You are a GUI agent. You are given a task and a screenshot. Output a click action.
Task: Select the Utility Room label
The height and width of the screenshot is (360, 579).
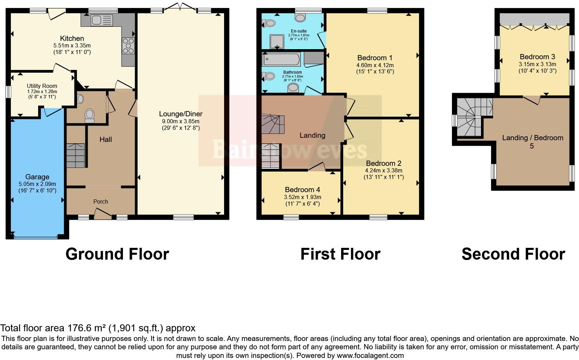tap(42, 86)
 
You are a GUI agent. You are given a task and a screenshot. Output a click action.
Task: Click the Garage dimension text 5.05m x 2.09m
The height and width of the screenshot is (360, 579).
tap(37, 184)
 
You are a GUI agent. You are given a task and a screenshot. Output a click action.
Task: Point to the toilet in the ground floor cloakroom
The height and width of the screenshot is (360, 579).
tap(89, 116)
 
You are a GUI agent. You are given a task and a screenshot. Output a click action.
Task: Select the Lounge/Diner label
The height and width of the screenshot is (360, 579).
tap(180, 114)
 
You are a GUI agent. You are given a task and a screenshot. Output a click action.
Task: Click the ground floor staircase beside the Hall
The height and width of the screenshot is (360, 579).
tap(75, 155)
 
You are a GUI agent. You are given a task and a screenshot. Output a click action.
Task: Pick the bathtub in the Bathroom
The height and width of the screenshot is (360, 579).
tap(282, 60)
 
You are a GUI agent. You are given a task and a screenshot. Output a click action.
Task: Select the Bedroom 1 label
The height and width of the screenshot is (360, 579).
tap(375, 58)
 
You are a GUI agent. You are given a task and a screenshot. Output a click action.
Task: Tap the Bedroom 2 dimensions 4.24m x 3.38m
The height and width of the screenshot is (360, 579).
tap(383, 170)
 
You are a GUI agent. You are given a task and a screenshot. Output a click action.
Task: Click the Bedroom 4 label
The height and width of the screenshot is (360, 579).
tap(302, 190)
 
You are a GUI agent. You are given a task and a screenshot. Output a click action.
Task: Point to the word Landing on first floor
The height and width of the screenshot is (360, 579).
tap(312, 135)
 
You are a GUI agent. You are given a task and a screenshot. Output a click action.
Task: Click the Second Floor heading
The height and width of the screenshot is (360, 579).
tap(513, 254)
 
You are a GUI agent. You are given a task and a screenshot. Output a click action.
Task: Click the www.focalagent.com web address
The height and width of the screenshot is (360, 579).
tap(370, 355)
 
